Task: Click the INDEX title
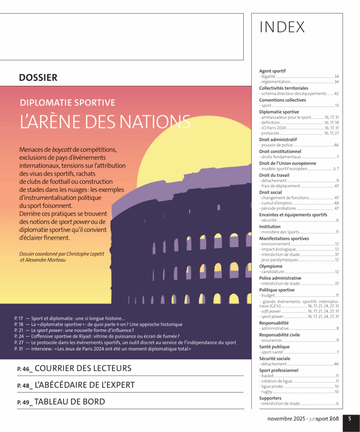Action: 282,27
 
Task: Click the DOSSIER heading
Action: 38,78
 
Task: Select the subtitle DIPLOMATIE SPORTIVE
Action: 67,103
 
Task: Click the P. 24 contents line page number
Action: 18,336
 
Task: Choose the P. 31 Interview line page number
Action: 18,349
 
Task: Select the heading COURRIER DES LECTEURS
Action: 83,368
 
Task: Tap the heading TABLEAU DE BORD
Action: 70,402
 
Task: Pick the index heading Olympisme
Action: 271,266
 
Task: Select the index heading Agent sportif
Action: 272,71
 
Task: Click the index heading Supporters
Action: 270,398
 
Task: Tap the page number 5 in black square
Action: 350,419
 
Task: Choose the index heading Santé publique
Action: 274,347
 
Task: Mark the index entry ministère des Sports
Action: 280,232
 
